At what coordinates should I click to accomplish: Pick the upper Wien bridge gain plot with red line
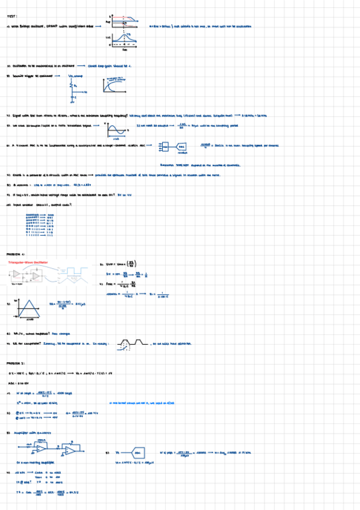point(124,20)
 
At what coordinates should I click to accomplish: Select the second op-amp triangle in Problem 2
point(70,450)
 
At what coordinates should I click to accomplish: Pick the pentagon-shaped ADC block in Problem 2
point(138,451)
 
